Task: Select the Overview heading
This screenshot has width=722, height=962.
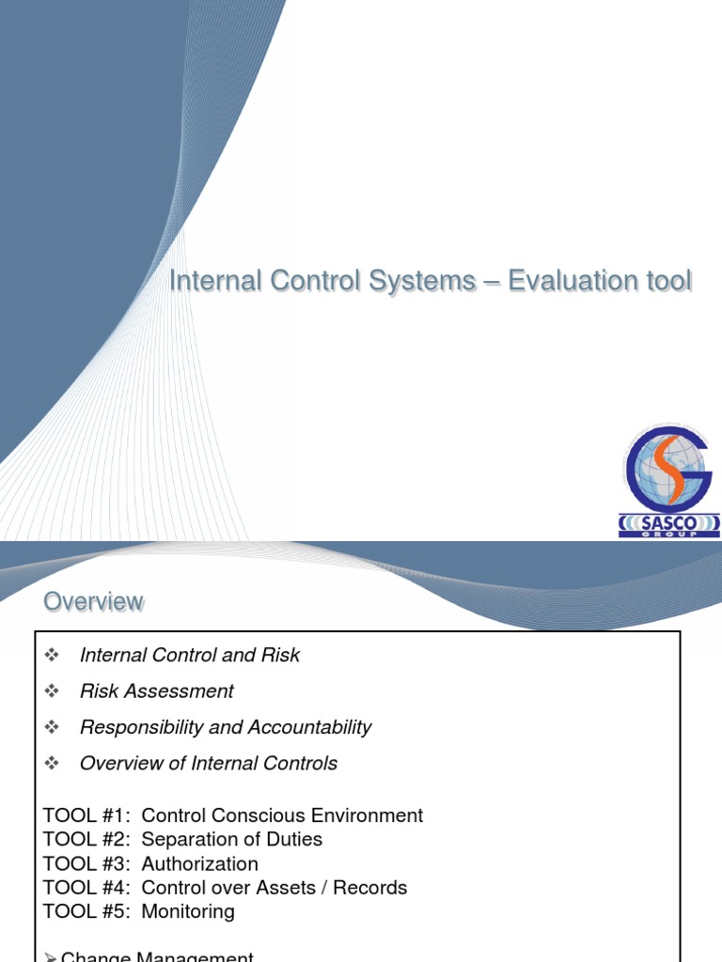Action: point(94,601)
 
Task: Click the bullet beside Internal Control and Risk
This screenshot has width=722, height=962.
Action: point(52,655)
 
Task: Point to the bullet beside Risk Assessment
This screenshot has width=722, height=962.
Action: point(52,691)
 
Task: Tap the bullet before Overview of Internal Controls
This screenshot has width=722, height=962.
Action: point(52,763)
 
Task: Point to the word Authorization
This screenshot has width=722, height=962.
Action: point(199,863)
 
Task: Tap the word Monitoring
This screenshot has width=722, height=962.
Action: point(188,911)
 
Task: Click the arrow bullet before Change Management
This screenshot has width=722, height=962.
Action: point(52,956)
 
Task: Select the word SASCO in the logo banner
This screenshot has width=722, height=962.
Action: point(668,520)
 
